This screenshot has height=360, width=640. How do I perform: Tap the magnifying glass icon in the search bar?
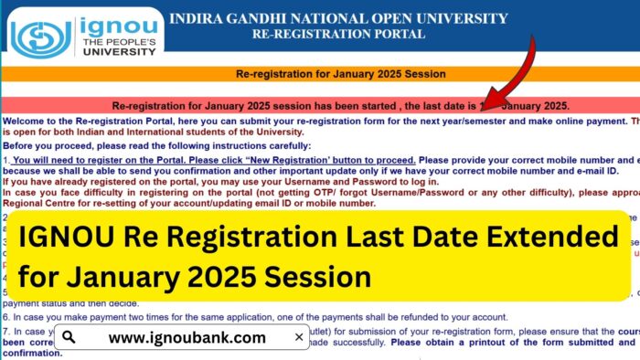[x=69, y=337]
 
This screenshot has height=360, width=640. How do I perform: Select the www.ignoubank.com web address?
[x=187, y=337]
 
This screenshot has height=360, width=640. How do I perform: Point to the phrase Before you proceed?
[x=42, y=145]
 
